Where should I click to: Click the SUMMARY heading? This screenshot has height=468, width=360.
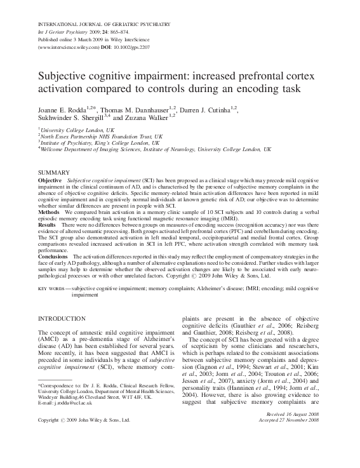click(x=53, y=173)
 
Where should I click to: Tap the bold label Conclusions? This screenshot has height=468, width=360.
click(x=53, y=255)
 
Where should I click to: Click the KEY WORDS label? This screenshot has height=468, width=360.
click(x=53, y=289)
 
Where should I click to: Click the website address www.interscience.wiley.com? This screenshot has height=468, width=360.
click(x=69, y=48)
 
